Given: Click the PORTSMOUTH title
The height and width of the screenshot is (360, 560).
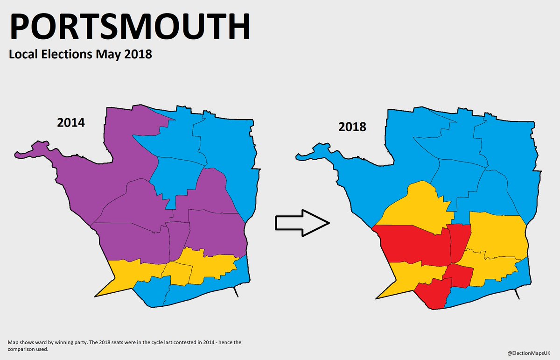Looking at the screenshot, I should coord(130,28).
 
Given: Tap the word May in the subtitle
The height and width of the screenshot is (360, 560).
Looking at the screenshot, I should coord(103,54).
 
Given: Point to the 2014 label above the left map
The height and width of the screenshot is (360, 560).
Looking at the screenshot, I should coord(71,123).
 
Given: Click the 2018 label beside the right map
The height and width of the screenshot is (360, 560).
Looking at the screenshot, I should coord(352,127).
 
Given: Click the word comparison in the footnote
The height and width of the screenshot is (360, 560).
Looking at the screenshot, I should coord(21,349).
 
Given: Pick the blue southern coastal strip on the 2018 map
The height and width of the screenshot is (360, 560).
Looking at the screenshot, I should coord(490,285).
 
